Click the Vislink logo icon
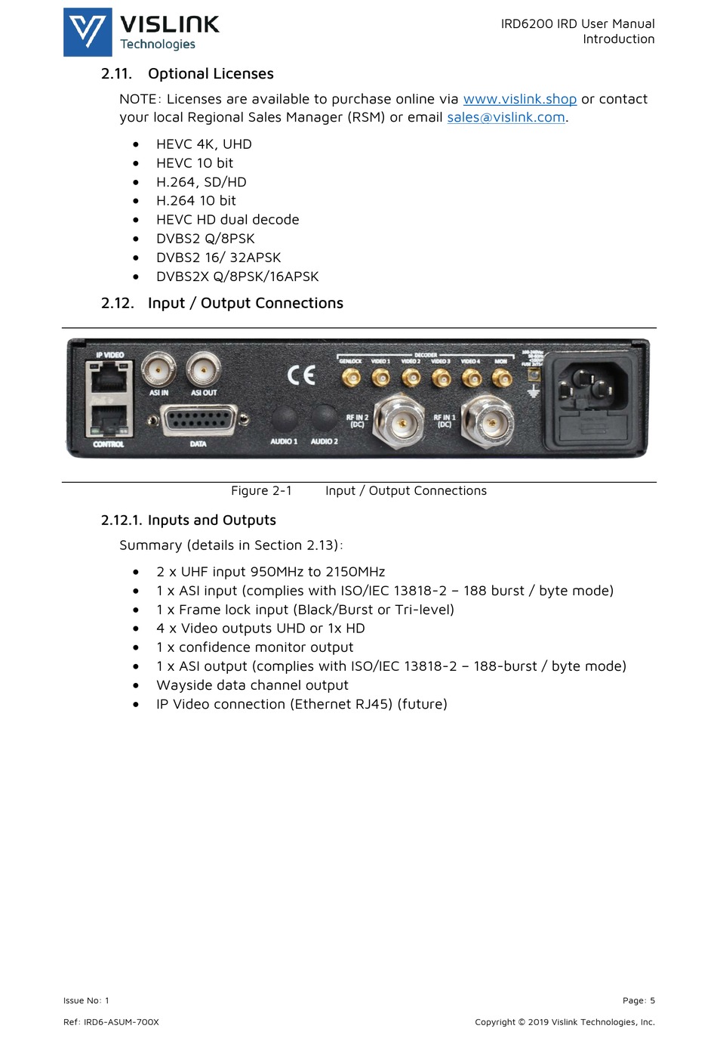point(88,32)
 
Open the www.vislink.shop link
point(519,99)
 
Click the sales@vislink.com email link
point(506,117)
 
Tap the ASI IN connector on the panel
point(158,369)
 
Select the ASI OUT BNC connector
point(203,369)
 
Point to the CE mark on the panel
point(301,375)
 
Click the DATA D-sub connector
point(198,419)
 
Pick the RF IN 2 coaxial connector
point(399,421)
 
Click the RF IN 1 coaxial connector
point(487,420)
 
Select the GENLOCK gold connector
point(351,377)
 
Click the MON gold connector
point(501,377)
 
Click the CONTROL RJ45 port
point(109,420)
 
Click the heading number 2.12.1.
point(121,520)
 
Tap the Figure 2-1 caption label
point(261,490)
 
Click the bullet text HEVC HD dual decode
point(227,220)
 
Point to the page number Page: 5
point(639,1000)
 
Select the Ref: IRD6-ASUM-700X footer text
point(111,1022)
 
